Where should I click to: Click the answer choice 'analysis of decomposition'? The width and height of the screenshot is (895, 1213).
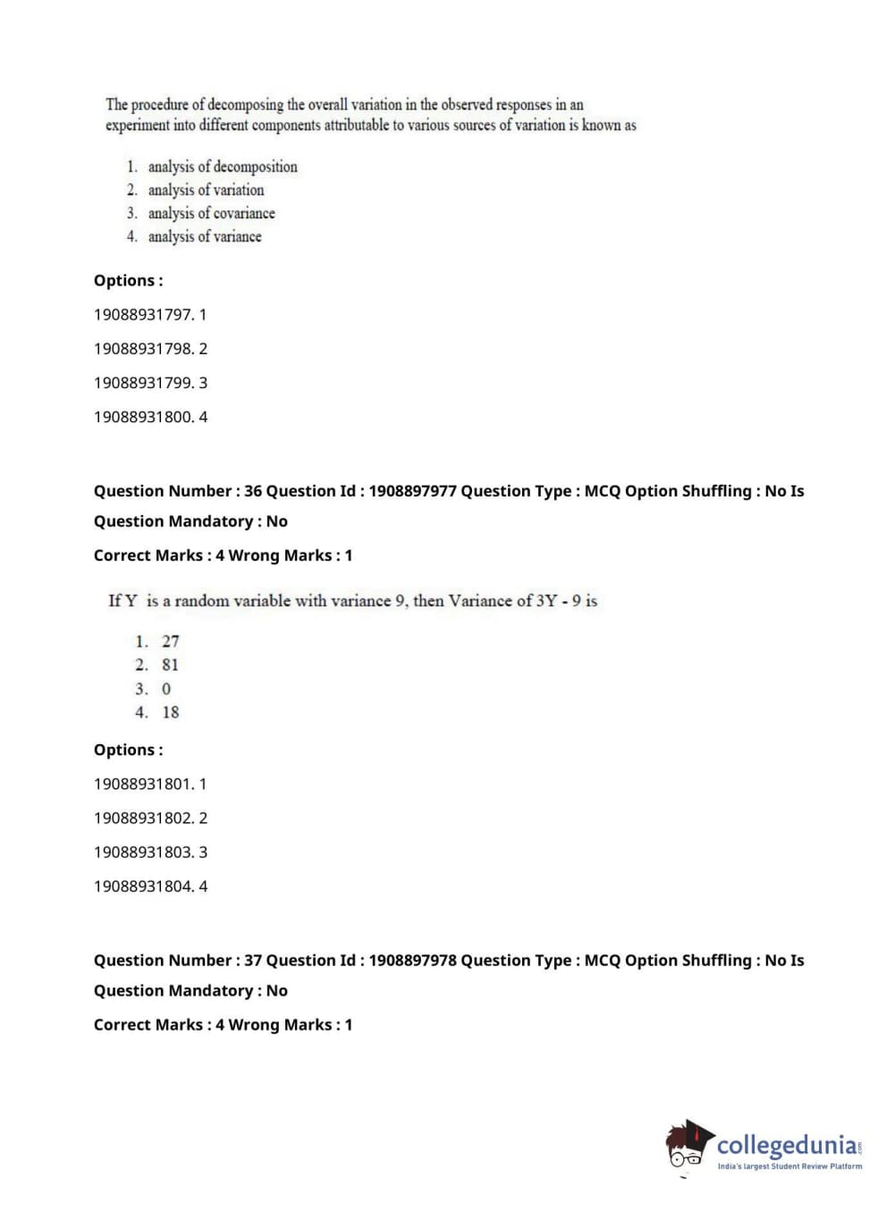point(222,166)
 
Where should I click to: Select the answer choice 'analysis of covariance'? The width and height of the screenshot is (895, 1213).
point(211,213)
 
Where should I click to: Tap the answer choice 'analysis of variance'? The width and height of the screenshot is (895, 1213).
point(205,236)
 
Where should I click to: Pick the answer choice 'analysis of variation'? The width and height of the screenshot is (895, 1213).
point(206,190)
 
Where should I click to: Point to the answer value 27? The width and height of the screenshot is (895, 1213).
point(170,641)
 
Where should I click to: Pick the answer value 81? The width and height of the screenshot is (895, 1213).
point(170,665)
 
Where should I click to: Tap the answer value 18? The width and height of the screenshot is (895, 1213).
point(170,712)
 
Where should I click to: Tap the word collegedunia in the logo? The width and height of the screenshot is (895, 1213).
point(787,1145)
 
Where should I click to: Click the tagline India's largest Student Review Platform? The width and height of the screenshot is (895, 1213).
point(789,1166)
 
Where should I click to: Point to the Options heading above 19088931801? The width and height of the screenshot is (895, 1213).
point(128,751)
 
